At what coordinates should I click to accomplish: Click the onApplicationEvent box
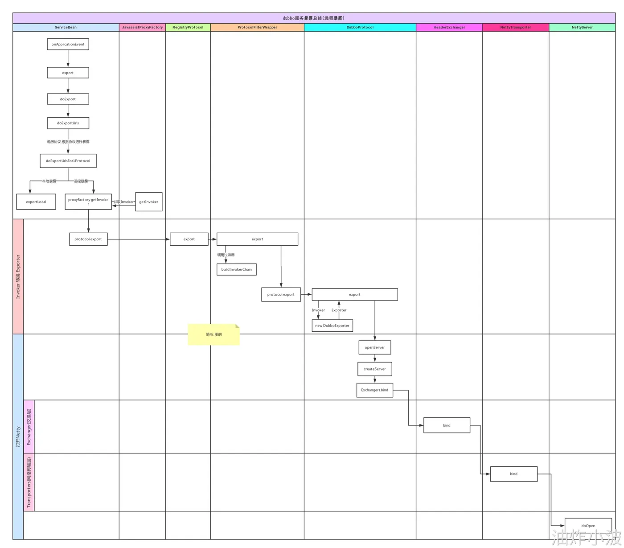coord(68,44)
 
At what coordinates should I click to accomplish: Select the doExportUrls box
coord(68,123)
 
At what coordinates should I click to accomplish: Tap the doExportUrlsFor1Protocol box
coord(68,161)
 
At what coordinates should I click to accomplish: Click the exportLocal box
coord(36,202)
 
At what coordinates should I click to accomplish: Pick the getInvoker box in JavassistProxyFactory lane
coord(148,202)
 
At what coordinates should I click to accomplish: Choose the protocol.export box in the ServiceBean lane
coord(88,239)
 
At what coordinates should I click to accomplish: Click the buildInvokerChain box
coord(236,269)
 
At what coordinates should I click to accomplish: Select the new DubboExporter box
coord(332,326)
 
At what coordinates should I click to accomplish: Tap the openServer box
coord(374,347)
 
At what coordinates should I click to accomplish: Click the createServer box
coord(374,369)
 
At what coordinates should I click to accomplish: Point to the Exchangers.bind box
coord(374,390)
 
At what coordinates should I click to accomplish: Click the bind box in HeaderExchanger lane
coord(447,425)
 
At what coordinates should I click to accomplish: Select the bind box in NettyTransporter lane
coord(513,474)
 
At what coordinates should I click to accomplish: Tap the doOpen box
coord(588,525)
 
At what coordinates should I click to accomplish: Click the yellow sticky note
coord(213,334)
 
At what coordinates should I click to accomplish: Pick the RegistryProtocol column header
coord(188,28)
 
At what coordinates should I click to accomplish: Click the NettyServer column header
coord(582,28)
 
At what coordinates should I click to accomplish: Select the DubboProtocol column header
coord(360,28)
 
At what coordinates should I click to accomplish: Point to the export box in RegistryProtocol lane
coord(189,239)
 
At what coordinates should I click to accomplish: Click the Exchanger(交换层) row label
coord(29,427)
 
